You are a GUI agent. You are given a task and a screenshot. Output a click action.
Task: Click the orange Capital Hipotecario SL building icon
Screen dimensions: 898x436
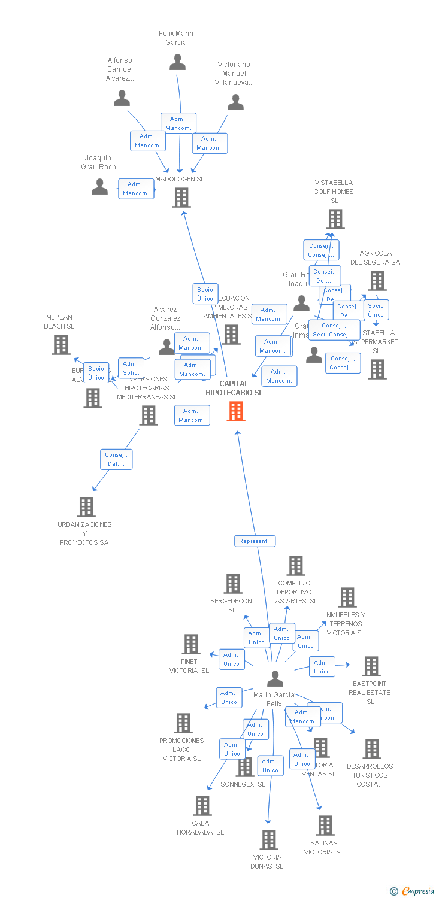[x=236, y=411]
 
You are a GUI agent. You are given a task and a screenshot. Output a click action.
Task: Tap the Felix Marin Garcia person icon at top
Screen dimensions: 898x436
[x=177, y=62]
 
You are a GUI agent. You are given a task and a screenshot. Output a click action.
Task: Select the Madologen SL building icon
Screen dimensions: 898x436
[x=181, y=197]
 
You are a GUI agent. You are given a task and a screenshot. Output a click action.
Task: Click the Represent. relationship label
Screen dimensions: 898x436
[x=255, y=541]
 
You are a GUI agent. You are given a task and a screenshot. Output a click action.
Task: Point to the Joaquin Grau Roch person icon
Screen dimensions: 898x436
[x=99, y=187]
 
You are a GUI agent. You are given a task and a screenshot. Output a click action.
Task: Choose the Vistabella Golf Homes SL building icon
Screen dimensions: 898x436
[x=335, y=219]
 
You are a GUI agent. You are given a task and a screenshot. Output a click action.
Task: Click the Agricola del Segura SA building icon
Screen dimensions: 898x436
[x=377, y=280]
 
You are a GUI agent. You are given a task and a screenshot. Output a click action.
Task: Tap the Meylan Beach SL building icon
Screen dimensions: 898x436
[x=60, y=345]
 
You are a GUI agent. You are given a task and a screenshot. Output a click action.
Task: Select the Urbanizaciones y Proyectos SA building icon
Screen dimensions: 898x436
[x=86, y=507]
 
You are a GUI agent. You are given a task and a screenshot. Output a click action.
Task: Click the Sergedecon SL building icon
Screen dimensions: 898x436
[x=232, y=584]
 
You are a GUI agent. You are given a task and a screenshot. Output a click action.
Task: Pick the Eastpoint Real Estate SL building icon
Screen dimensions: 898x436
[x=371, y=666]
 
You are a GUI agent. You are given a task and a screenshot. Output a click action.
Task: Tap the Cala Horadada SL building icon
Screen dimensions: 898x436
[x=202, y=806]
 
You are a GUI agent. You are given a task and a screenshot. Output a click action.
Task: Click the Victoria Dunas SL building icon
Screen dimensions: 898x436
[x=269, y=840]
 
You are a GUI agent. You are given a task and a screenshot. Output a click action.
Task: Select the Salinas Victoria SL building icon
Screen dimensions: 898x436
[x=325, y=826]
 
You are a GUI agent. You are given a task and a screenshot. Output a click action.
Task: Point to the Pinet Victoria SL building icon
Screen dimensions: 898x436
[x=190, y=644]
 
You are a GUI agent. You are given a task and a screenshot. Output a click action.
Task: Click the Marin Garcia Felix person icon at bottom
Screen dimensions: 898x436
[x=275, y=679]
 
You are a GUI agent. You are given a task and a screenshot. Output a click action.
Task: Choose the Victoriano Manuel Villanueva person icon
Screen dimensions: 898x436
[x=235, y=102]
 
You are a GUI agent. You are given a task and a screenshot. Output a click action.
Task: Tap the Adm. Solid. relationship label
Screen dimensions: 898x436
[x=131, y=368]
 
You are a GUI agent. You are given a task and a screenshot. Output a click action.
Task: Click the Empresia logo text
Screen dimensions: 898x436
[x=417, y=891]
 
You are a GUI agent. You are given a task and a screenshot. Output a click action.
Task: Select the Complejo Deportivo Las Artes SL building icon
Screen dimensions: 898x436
[x=295, y=566]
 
